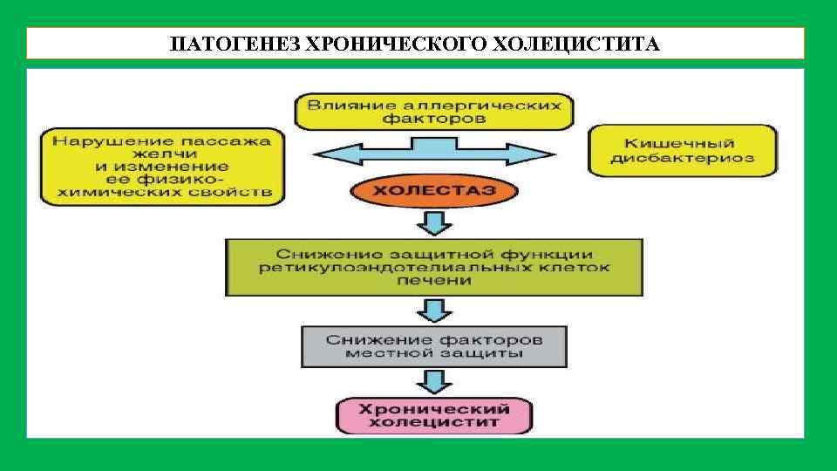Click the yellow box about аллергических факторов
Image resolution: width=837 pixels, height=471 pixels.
(x=433, y=110)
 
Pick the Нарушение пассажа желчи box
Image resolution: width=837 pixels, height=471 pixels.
(x=161, y=166)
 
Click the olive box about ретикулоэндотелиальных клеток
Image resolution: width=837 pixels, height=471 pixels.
(x=433, y=267)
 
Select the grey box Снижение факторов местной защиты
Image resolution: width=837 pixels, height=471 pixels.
(x=433, y=346)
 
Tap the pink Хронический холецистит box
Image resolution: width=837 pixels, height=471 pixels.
(x=433, y=415)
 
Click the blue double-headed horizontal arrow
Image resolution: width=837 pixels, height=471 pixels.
(x=433, y=155)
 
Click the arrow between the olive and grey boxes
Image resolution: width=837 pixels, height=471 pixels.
(x=433, y=310)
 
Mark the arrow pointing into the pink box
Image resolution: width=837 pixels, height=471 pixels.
(x=433, y=381)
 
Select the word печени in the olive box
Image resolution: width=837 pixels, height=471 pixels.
(x=433, y=281)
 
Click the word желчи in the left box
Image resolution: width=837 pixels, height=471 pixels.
(x=161, y=153)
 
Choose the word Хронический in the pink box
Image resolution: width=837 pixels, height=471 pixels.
(x=433, y=408)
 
